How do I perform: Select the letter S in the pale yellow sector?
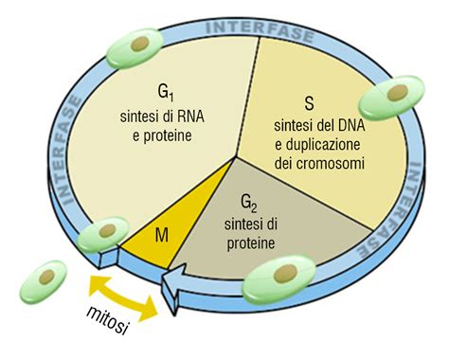pos(309,101)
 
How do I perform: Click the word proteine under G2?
pos(250,244)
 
